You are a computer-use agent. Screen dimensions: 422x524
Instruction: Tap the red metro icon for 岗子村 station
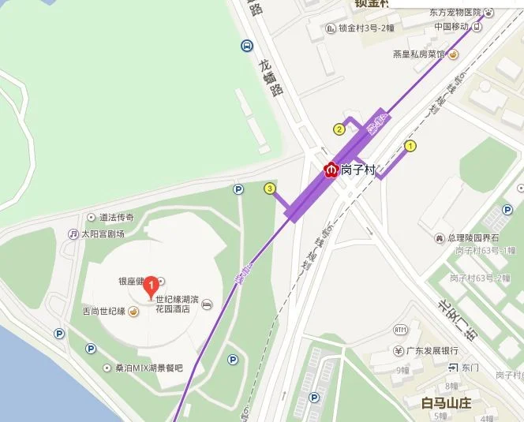coord(332,169)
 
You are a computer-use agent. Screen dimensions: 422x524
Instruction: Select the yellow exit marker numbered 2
coord(339,129)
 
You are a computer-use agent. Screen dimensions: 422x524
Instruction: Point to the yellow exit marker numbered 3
coord(270,189)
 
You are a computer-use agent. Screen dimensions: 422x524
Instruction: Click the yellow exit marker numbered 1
coord(410,146)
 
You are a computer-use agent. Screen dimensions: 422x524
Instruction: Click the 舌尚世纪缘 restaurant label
coord(105,311)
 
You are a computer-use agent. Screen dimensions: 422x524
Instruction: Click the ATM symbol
coord(400,329)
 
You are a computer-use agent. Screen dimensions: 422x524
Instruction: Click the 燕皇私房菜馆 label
coord(419,54)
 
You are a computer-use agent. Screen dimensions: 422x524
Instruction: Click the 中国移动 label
coord(451,26)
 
